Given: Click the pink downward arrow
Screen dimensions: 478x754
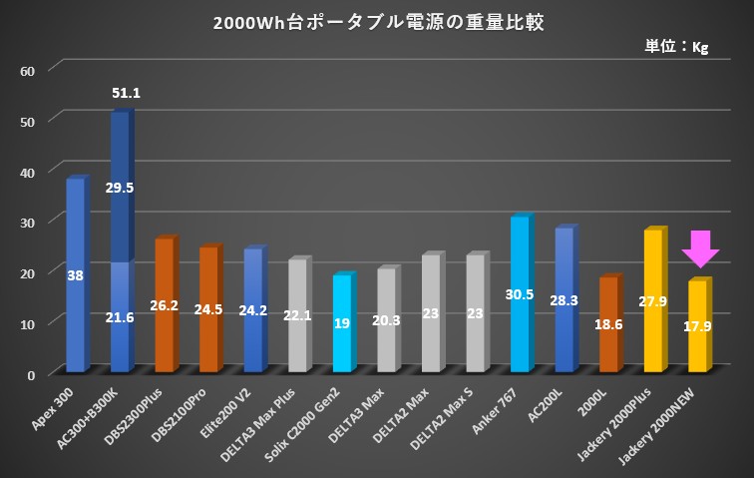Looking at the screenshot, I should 700,248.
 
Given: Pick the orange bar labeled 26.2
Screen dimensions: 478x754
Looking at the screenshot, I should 165,304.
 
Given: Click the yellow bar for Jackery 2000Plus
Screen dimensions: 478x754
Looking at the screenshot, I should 654,300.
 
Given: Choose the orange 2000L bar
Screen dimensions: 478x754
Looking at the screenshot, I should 609,324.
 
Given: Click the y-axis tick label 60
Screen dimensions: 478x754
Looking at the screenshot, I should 28,70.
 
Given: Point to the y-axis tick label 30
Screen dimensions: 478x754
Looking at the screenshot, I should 28,222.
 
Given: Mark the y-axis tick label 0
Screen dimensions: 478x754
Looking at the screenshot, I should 31,374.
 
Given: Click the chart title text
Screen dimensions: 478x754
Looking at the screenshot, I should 378,22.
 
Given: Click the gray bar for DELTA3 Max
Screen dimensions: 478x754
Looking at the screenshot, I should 387,320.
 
